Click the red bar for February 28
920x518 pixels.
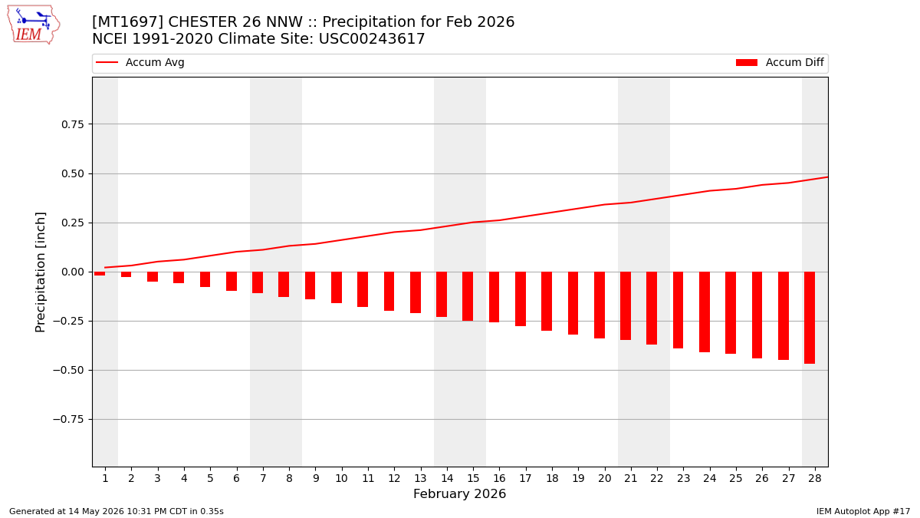click(810, 318)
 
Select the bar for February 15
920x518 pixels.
click(468, 296)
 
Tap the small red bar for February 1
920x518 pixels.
click(100, 273)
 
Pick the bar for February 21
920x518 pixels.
click(626, 306)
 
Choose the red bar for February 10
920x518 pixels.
click(337, 287)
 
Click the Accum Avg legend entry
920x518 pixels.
click(140, 62)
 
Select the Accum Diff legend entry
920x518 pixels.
click(780, 62)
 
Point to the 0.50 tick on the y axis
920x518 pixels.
click(73, 173)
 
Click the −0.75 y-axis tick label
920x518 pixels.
click(68, 419)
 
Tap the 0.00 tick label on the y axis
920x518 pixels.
click(73, 272)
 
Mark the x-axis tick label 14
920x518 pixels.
click(447, 478)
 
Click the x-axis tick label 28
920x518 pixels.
click(815, 478)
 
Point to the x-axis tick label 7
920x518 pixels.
click(263, 478)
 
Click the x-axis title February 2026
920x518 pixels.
click(459, 493)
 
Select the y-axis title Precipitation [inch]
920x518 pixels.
click(40, 272)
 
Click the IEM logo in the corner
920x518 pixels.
click(34, 25)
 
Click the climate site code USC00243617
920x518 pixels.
click(372, 38)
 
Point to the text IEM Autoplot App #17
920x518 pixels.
click(863, 511)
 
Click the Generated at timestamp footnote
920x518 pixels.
click(117, 511)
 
